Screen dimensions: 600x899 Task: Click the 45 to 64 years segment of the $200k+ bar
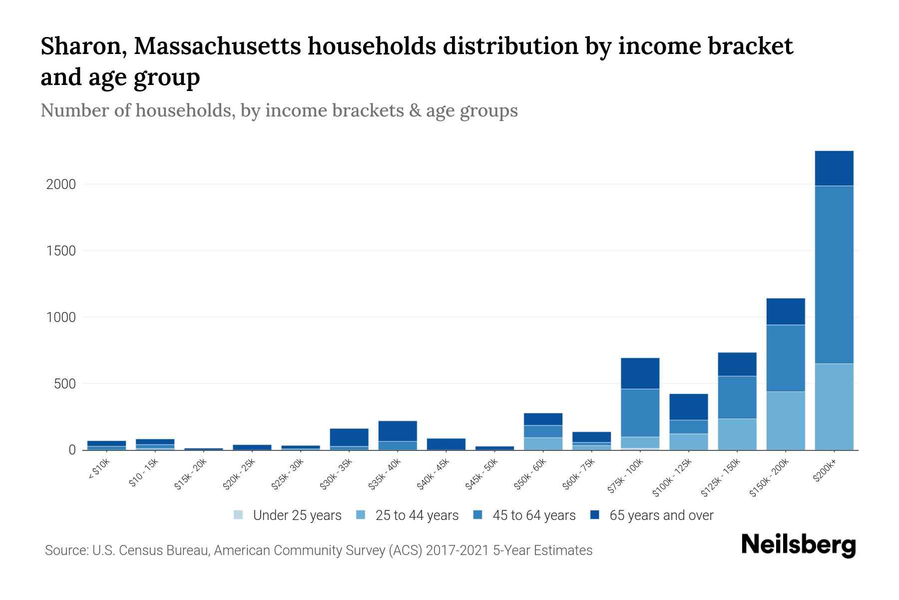click(834, 275)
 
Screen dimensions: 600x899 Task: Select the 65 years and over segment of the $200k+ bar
click(834, 168)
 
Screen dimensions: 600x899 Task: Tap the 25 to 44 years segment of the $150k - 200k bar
click(786, 421)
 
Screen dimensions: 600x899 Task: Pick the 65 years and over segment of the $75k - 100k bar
click(640, 373)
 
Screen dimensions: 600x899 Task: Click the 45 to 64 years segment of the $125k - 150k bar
click(737, 397)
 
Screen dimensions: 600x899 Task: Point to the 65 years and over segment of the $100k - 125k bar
click(689, 407)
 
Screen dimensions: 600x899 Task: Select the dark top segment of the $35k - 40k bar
click(398, 431)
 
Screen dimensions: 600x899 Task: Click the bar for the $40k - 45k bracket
click(446, 444)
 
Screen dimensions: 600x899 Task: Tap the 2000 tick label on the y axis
click(61, 184)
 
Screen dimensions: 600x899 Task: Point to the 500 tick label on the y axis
click(65, 384)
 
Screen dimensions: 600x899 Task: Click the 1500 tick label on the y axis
click(61, 251)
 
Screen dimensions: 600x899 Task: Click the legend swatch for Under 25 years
click(238, 515)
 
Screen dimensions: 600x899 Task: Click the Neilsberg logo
click(798, 545)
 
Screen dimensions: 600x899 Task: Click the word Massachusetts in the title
click(217, 46)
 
